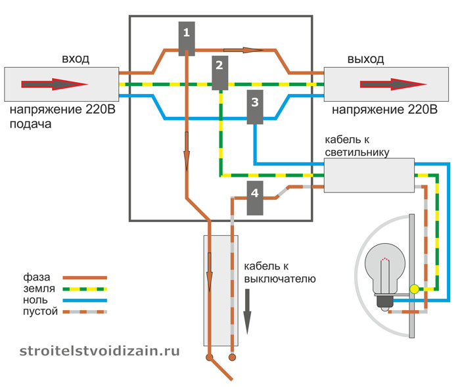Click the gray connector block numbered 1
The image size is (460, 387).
click(187, 38)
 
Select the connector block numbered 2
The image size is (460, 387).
click(219, 73)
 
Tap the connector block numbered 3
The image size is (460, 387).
click(255, 107)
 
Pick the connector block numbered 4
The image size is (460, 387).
click(255, 198)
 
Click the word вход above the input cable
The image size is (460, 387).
click(76, 59)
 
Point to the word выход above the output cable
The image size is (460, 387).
click(365, 59)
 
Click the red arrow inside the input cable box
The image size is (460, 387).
click(55, 84)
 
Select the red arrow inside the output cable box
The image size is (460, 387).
click(393, 84)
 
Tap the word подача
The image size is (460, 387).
click(30, 124)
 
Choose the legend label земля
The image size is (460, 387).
click(39, 288)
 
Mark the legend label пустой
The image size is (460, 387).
click(40, 311)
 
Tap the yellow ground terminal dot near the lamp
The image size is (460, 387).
click(414, 289)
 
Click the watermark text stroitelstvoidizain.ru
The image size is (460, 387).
click(99, 351)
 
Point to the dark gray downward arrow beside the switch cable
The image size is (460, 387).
click(247, 311)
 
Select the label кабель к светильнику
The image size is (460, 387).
click(357, 146)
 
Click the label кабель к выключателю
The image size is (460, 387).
click(280, 273)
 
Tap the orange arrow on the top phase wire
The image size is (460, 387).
click(244, 50)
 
